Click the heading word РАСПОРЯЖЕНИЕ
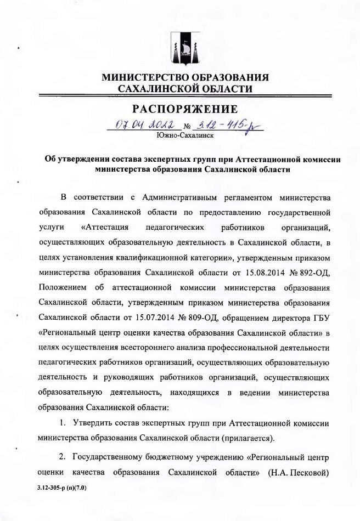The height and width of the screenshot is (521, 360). (x=185, y=109)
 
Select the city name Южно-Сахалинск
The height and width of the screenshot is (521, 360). (x=185, y=135)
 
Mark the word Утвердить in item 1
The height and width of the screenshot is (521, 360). (x=95, y=423)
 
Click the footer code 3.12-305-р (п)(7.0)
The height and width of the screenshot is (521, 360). (x=63, y=487)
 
